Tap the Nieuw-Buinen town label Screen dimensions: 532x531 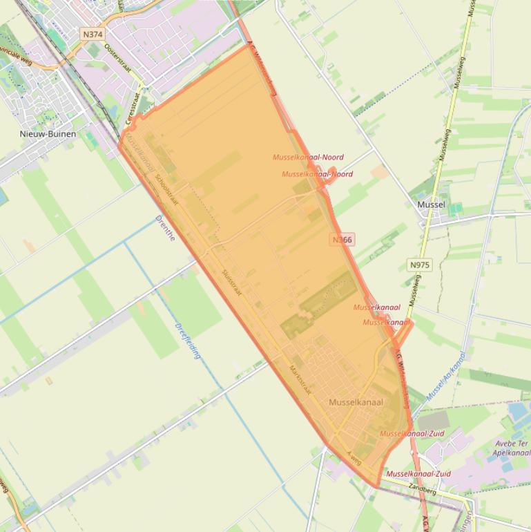tap(48, 133)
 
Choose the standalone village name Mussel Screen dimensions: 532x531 tap(431, 205)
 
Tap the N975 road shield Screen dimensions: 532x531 tap(419, 265)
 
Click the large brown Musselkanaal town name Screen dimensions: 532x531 tap(356, 402)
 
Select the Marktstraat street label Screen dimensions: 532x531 tap(301, 379)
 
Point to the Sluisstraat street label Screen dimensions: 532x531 tap(231, 283)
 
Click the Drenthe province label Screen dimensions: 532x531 tap(166, 228)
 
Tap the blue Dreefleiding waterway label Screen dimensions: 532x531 tap(188, 341)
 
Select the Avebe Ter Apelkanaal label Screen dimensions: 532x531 tap(511, 448)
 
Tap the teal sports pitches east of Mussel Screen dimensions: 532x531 tap(455, 207)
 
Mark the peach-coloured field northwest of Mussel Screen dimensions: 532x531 tap(379, 172)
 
